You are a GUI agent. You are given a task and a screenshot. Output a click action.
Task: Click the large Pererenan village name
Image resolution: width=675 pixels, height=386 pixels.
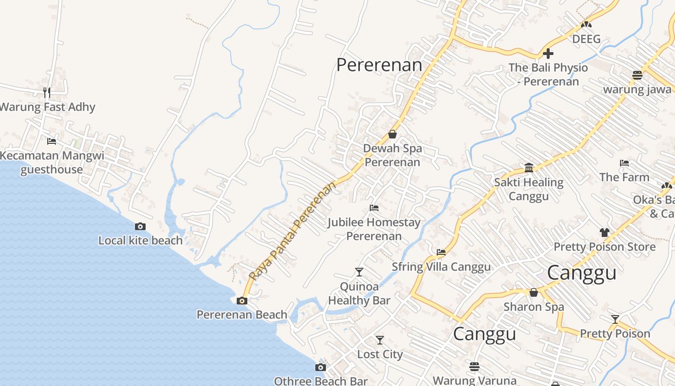tap(379, 65)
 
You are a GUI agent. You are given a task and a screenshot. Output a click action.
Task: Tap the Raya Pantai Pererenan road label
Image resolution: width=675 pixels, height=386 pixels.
tap(292, 231)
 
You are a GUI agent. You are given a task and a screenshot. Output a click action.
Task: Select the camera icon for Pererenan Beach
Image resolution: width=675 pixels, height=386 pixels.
tap(242, 301)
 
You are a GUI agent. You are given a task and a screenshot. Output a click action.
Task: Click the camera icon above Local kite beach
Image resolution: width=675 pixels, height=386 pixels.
tap(140, 226)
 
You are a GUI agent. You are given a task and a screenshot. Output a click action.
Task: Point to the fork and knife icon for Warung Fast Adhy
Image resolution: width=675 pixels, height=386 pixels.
tap(47, 92)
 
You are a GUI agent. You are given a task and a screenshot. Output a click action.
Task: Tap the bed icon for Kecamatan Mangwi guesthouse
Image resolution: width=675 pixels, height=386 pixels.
tap(52, 141)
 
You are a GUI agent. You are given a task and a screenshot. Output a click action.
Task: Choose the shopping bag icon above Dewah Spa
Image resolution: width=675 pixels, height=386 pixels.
tap(392, 134)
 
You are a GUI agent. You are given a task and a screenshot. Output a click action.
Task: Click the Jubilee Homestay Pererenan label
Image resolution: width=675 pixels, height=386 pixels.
tap(374, 229)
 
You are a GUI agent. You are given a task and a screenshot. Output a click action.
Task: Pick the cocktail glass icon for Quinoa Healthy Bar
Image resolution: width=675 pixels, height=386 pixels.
tap(359, 272)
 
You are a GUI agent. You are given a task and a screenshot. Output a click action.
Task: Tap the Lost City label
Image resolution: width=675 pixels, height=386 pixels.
tap(380, 354)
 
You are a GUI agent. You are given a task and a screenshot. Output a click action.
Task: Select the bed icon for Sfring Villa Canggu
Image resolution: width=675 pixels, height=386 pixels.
tap(441, 252)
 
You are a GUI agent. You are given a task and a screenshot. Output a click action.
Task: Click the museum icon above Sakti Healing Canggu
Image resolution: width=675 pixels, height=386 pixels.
tap(529, 167)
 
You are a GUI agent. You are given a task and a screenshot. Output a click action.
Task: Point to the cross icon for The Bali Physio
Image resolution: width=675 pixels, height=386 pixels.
tap(548, 54)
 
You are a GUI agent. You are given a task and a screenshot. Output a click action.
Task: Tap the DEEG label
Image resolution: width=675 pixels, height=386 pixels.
tap(586, 39)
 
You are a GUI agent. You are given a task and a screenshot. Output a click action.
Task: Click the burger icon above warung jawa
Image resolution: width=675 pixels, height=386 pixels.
tap(637, 75)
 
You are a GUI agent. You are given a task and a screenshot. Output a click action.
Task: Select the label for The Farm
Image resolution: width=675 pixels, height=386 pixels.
tap(624, 177)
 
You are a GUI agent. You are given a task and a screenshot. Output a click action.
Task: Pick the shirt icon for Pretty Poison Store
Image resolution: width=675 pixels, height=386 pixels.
tap(605, 232)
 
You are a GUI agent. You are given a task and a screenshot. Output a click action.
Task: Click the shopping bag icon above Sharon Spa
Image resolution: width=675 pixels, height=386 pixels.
tap(534, 292)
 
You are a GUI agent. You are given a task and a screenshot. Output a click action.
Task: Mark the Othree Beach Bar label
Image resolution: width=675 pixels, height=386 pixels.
tap(321, 381)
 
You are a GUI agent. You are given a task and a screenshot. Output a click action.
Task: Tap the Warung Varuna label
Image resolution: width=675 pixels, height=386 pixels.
tap(474, 380)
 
